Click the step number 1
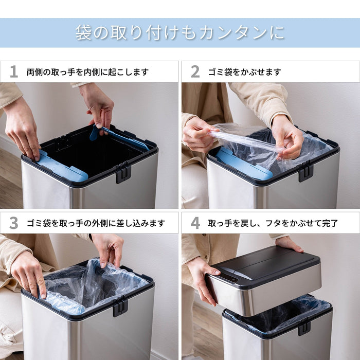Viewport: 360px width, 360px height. point(14,72)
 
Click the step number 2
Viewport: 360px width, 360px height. point(195,72)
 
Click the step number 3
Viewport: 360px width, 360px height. point(14,223)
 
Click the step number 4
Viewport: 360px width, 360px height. point(195,223)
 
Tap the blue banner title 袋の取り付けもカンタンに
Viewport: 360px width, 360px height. point(179,33)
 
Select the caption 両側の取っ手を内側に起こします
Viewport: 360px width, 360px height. point(87,72)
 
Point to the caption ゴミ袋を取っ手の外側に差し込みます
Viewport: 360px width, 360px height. point(96,223)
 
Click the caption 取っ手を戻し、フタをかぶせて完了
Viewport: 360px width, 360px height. point(273,223)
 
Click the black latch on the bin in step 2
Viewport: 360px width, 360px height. point(305,171)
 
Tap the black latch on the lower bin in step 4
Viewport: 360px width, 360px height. point(304,327)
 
